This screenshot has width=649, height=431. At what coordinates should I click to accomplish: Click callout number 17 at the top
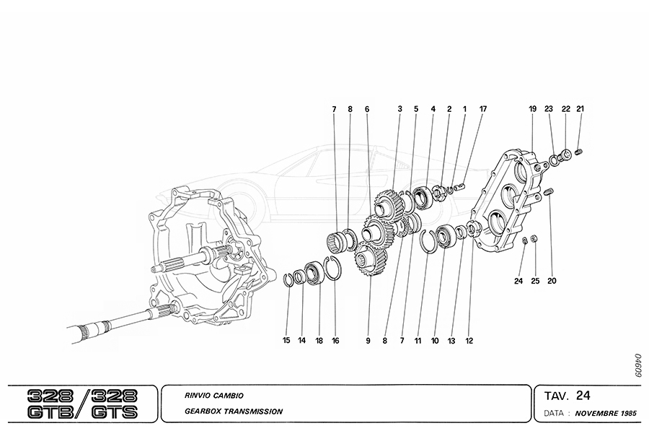[x=482, y=109]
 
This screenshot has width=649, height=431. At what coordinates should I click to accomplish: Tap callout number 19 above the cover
[x=533, y=109]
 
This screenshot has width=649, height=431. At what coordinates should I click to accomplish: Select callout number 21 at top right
[x=580, y=109]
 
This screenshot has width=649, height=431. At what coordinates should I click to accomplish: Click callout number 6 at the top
[x=366, y=109]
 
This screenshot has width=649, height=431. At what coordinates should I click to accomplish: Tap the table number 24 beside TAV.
[x=583, y=395]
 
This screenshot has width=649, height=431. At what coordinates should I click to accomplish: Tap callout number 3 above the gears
[x=399, y=109]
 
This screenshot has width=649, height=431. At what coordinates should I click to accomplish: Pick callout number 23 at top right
[x=549, y=109]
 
